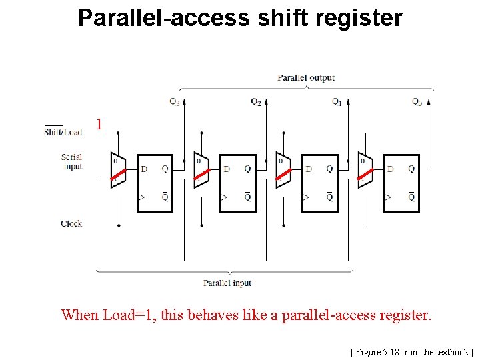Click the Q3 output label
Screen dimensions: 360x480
tap(174, 102)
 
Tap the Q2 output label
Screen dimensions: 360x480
tap(256, 101)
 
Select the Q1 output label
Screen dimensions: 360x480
tap(337, 102)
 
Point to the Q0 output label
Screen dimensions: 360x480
tap(417, 102)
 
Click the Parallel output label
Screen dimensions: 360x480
tap(306, 78)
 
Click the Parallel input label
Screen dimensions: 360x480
tap(227, 283)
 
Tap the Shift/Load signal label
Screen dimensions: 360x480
tap(63, 131)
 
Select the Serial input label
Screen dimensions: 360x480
tap(72, 162)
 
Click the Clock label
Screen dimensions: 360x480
tap(71, 224)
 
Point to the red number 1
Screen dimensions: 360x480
tap(99, 125)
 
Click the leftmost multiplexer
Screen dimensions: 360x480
tap(117, 171)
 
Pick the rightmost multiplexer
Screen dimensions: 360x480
tap(365, 171)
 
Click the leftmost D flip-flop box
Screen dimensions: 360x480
tap(155, 183)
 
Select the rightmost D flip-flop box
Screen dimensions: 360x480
tap(401, 183)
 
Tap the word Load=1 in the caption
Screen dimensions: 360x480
tap(128, 315)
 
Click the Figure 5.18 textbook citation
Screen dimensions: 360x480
tap(411, 351)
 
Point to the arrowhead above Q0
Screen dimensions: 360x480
tap(429, 102)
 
